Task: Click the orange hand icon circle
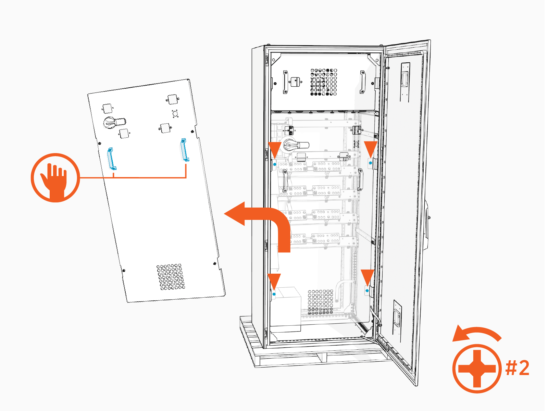coord(55,177)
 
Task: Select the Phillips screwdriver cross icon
coord(477,369)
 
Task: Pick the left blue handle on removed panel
coord(112,159)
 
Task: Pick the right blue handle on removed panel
coord(185,150)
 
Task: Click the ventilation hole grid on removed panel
coord(171,277)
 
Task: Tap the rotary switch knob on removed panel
coord(114,123)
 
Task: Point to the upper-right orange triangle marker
coord(370,148)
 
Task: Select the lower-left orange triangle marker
coord(274,281)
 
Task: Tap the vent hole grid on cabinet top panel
coord(324,82)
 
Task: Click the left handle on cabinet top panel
coord(285,82)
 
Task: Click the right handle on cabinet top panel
coord(362,82)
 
